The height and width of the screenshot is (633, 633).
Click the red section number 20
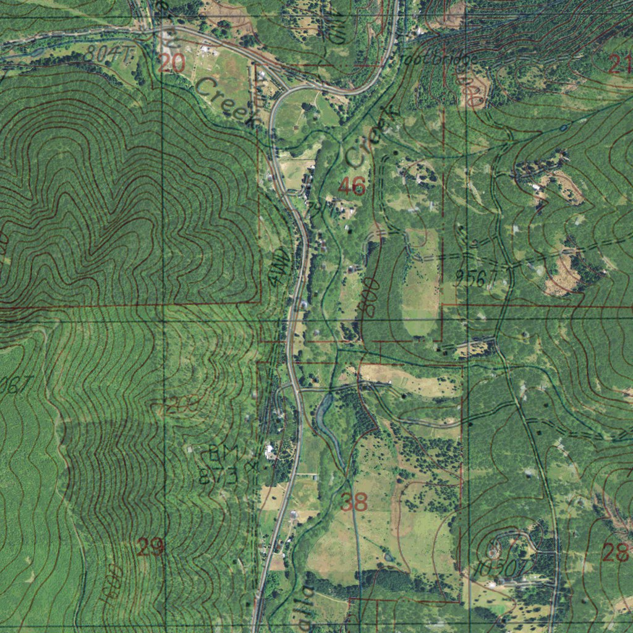point(171,63)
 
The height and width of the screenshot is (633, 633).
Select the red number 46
point(352,186)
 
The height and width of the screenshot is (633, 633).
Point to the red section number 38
point(354,502)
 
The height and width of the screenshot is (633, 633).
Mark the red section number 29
point(151,546)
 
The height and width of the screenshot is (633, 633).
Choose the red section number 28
point(616,552)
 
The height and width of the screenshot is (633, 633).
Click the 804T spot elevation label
point(109,55)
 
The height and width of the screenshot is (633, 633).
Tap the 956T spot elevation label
point(477,279)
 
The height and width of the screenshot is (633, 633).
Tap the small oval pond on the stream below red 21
point(564,128)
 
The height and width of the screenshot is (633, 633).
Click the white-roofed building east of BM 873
point(270,451)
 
